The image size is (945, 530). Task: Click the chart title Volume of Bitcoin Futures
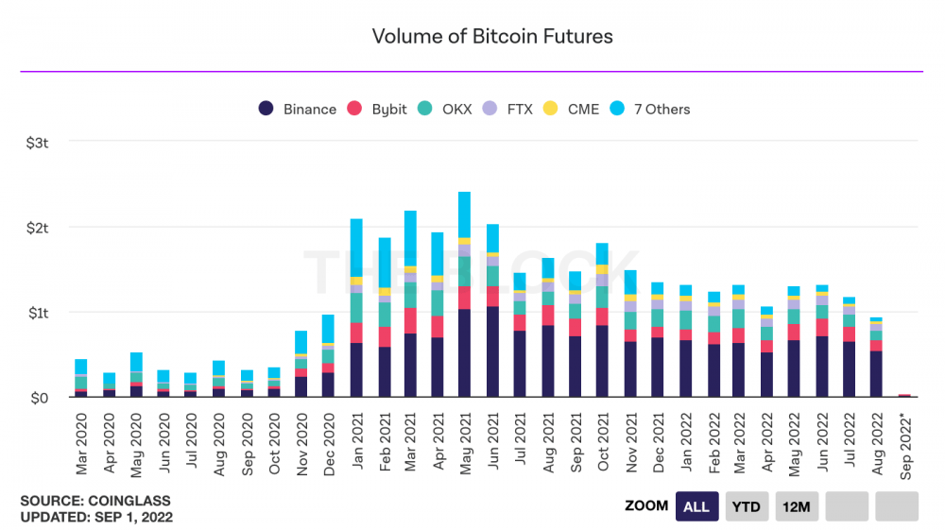(492, 37)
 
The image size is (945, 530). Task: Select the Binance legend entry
(298, 110)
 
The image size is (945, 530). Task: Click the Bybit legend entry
(377, 110)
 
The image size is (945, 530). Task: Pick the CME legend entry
(572, 110)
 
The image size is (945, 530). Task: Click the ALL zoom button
(696, 506)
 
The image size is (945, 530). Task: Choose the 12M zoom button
(798, 506)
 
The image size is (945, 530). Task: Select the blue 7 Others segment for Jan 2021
(356, 248)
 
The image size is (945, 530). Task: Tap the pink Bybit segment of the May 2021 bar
(465, 298)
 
